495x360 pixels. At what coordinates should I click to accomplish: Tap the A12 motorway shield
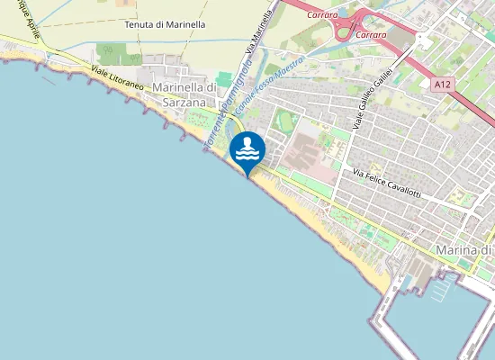pos(441,85)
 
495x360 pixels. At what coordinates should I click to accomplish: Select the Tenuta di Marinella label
pos(165,24)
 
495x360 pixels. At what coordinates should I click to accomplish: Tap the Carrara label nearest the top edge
pos(322,15)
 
